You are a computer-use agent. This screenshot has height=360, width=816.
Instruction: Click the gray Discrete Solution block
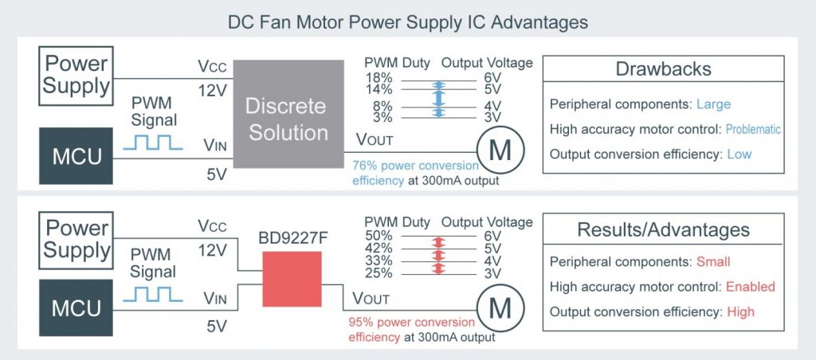click(288, 114)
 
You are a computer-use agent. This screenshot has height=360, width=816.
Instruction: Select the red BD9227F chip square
click(292, 279)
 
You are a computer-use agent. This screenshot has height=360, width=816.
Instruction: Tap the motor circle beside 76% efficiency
click(500, 151)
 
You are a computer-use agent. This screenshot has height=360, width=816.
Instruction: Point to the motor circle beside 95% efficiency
click(500, 309)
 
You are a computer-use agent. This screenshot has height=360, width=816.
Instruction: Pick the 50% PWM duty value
click(379, 237)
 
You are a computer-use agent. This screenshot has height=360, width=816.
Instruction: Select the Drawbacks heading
click(663, 68)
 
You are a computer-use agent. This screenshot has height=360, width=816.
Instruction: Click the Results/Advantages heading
click(663, 229)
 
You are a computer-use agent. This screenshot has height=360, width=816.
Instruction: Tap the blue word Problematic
click(753, 129)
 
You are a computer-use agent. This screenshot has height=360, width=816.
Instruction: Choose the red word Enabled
click(751, 287)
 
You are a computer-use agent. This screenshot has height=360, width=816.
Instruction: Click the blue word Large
click(713, 104)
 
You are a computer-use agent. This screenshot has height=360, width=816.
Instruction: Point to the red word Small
click(713, 262)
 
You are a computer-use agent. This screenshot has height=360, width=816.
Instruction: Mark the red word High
click(740, 311)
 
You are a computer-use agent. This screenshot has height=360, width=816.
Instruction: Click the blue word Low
click(739, 154)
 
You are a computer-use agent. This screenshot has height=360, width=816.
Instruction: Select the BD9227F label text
click(290, 239)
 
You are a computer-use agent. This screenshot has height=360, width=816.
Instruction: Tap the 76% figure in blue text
click(363, 166)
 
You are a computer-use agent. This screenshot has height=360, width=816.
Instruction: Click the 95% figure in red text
click(359, 323)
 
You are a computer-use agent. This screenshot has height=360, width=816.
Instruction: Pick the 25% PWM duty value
click(379, 274)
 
